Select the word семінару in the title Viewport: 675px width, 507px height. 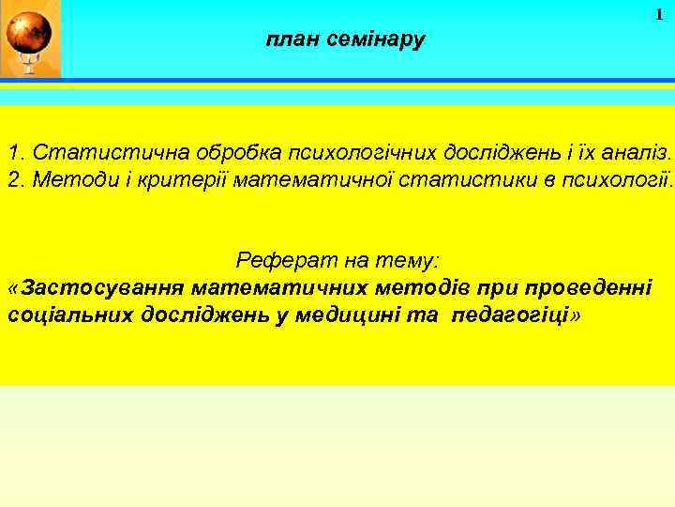pos(378,40)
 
